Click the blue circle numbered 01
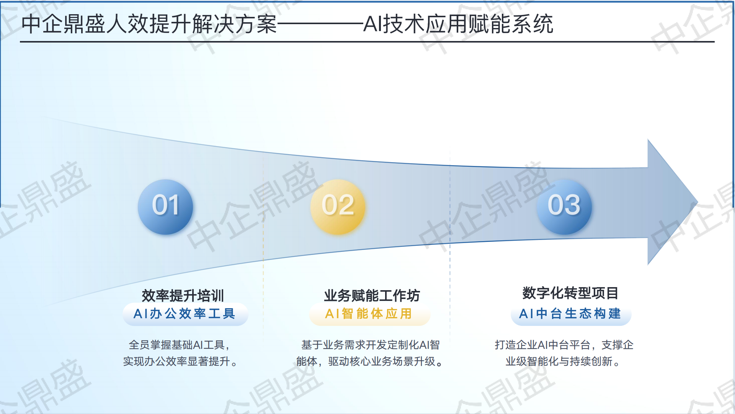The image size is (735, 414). tap(165, 207)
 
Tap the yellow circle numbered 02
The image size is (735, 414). tap(338, 207)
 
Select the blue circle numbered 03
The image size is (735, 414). tap(564, 207)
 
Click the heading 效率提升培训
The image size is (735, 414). tap(183, 296)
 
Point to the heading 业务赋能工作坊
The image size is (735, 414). tap(372, 296)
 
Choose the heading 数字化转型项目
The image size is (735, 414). tap(570, 293)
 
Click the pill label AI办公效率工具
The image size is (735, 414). tap(185, 314)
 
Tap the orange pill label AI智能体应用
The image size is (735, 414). tap(369, 314)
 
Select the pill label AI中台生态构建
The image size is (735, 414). tap(570, 314)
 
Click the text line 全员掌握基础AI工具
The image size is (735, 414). tap(179, 345)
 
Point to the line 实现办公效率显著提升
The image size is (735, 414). tap(180, 361)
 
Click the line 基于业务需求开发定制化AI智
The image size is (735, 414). tap(370, 345)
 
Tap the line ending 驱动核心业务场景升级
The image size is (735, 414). tap(370, 361)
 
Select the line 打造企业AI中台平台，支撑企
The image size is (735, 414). tap(563, 345)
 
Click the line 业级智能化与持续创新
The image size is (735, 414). tap(563, 361)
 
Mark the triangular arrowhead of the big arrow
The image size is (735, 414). tap(670, 202)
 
